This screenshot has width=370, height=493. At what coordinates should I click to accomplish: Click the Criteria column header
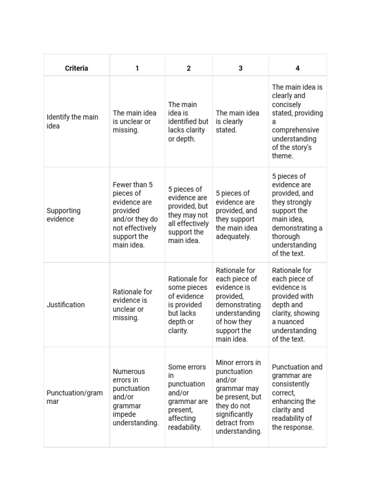click(77, 68)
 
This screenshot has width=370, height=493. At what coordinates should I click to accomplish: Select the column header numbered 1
click(137, 68)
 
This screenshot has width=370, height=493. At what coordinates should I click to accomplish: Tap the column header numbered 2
click(188, 68)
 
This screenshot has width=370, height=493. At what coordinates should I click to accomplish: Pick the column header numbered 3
click(240, 68)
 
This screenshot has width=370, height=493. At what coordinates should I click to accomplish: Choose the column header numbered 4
click(297, 68)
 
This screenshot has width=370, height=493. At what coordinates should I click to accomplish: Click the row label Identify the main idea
click(72, 121)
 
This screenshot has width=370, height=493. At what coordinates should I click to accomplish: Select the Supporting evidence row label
click(64, 215)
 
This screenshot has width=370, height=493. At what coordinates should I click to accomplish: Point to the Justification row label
click(66, 305)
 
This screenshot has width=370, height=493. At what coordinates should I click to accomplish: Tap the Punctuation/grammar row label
click(75, 397)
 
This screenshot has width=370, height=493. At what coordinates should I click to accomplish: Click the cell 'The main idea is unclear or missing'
click(134, 121)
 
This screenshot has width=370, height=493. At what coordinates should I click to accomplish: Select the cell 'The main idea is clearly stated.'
click(238, 121)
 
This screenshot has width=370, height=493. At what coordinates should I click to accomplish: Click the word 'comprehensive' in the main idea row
click(295, 130)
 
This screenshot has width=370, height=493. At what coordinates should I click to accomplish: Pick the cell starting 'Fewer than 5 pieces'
click(135, 215)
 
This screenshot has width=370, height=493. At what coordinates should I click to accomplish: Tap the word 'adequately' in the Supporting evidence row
click(233, 237)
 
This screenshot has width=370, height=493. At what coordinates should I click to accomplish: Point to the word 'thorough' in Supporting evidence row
click(286, 237)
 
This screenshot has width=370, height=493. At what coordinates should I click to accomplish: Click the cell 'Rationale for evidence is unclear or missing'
click(132, 305)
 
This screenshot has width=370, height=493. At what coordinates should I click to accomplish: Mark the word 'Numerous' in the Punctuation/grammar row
click(129, 372)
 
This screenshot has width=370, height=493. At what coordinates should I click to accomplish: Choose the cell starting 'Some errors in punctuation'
click(188, 397)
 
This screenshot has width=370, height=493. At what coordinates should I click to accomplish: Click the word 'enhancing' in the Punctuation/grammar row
click(294, 402)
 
